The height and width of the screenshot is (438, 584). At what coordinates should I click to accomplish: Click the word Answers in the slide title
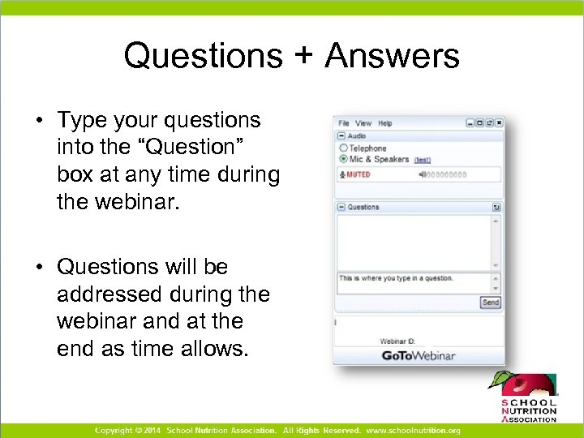click(x=393, y=57)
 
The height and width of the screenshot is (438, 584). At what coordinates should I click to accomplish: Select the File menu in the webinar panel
click(x=344, y=123)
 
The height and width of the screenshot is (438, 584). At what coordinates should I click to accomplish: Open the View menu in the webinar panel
click(x=363, y=123)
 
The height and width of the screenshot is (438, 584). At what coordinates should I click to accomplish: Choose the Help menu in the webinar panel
click(x=385, y=123)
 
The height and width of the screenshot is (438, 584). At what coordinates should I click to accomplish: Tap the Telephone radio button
click(x=343, y=148)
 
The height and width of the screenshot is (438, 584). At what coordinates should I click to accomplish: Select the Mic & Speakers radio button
click(x=343, y=159)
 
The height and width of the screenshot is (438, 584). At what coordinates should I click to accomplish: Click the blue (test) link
click(x=423, y=160)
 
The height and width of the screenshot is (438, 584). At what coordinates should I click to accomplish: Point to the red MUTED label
click(x=358, y=174)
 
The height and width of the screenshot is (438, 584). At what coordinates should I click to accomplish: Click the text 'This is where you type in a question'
click(x=396, y=278)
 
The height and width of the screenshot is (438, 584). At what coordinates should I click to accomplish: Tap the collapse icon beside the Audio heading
click(x=341, y=136)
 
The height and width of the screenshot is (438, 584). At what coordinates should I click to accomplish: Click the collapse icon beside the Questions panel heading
click(x=341, y=207)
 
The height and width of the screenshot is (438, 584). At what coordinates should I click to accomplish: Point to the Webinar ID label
click(x=397, y=341)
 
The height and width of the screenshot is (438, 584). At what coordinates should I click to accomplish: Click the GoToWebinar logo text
click(x=419, y=355)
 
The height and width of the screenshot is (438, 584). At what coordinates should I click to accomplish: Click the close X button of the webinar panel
click(x=499, y=123)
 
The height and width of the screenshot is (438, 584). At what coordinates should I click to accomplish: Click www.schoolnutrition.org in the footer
click(x=413, y=430)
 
